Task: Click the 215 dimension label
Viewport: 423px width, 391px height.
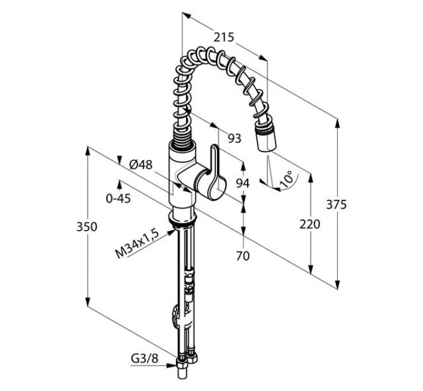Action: [224, 37]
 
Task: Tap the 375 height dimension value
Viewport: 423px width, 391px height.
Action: [336, 205]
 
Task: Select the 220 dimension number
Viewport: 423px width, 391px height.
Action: [310, 225]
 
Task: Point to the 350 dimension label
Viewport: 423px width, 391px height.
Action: [86, 227]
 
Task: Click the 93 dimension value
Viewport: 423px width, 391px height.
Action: [235, 138]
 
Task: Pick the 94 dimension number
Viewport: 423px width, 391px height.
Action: [243, 184]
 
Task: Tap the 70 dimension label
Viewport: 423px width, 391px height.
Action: [243, 256]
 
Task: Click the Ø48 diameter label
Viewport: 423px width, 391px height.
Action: [141, 164]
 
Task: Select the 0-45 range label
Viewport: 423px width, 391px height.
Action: [118, 199]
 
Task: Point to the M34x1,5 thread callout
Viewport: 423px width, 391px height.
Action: [137, 243]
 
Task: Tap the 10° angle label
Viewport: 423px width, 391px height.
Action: [286, 179]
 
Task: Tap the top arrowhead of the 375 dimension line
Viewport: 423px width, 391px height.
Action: [337, 124]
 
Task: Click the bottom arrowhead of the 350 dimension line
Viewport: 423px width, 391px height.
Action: [87, 302]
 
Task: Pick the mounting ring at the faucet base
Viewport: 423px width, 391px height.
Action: [182, 217]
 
